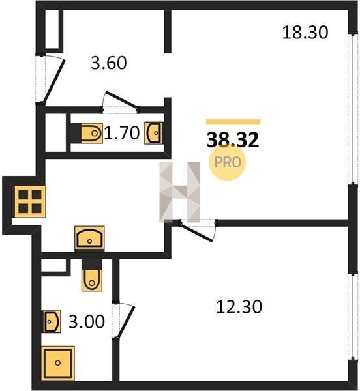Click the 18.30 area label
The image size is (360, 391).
(x=305, y=33)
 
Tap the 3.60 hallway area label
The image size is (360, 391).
(x=109, y=63)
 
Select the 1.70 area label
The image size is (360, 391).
(x=122, y=133)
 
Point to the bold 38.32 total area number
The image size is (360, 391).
(x=233, y=139)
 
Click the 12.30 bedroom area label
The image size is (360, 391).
(x=239, y=307)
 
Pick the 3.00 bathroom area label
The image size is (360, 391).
(x=87, y=321)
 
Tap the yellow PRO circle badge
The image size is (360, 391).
(x=227, y=162)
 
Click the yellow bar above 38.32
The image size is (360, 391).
(x=233, y=122)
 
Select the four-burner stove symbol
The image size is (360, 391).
(x=30, y=201)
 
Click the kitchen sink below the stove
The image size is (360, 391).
(x=89, y=238)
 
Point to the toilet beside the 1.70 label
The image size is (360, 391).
(x=91, y=133)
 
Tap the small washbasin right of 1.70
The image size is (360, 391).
(x=154, y=133)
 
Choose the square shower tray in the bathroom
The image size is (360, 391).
(x=58, y=362)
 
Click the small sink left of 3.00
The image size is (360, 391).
(x=52, y=321)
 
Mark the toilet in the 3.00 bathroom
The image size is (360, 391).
(x=92, y=280)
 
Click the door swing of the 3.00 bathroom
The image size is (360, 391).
(x=127, y=322)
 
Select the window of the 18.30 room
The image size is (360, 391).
(x=353, y=108)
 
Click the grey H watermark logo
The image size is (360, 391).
(x=180, y=192)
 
